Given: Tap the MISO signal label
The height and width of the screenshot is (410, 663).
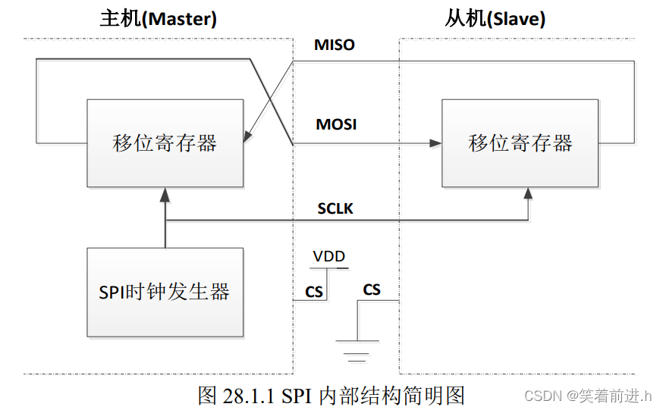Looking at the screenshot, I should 335,45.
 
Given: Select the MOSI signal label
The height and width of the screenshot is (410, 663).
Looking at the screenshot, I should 335,124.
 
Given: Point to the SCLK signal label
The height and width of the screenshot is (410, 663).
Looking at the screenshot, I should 335,208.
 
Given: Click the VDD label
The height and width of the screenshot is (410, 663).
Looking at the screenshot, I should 329,258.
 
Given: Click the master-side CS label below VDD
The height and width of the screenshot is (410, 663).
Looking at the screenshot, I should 314,293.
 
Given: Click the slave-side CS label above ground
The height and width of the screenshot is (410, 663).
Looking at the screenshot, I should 372,290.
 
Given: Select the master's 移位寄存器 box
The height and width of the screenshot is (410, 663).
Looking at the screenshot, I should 165,142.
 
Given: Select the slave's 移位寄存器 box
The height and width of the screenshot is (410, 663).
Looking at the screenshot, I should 520,142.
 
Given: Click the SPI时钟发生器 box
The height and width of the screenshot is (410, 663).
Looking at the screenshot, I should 165,292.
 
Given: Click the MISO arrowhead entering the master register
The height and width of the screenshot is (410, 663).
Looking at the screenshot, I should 247,138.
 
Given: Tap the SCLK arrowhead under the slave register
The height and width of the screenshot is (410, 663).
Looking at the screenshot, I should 528,193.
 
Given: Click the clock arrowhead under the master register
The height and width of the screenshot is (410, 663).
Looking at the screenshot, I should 165,194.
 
